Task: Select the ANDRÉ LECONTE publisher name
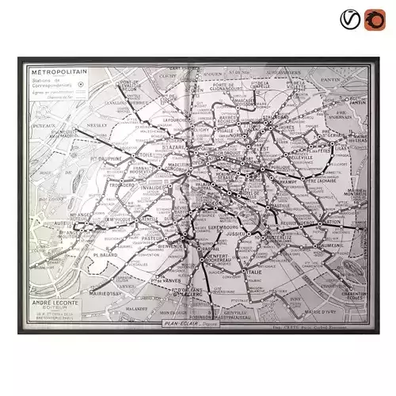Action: pos(55,302)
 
